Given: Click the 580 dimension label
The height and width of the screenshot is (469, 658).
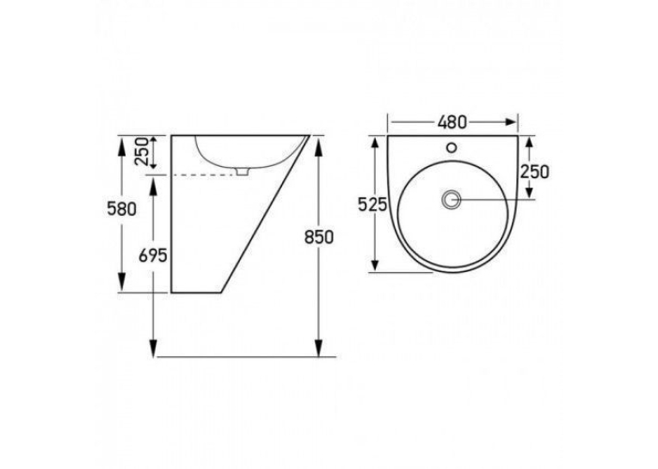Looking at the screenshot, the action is coord(121,208).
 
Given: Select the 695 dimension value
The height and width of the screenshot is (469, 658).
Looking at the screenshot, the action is coord(153,256).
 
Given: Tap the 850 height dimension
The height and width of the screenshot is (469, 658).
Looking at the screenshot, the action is coord(319,238).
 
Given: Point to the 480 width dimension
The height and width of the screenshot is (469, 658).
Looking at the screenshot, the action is coord(452,122).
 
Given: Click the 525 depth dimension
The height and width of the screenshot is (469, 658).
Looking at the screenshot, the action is coord(372,205).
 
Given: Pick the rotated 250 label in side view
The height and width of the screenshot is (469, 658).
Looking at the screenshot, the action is coord(142,151).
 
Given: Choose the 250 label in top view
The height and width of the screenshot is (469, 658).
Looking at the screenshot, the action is coord(534,171).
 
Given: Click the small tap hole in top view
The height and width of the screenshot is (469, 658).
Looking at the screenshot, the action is coord(452,147).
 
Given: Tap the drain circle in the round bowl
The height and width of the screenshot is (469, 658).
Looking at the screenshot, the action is coord(452,200).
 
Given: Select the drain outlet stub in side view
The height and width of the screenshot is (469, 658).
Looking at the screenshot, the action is coord(243,171).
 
